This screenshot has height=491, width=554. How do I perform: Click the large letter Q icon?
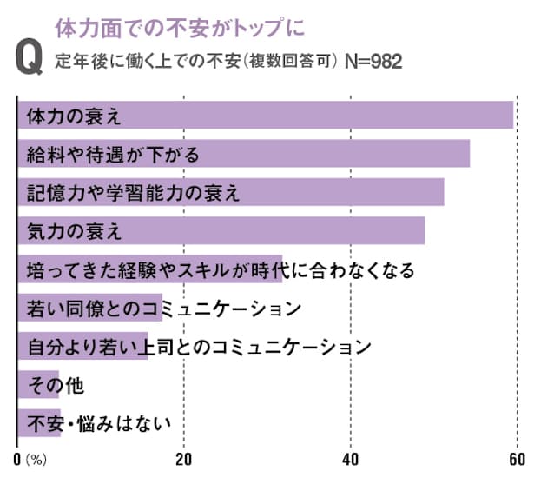tap(30, 58)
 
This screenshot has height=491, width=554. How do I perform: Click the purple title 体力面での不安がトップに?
tap(181, 27)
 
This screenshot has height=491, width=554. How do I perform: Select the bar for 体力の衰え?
tap(347, 116)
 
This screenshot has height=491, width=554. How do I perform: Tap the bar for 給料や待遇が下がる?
tap(347, 154)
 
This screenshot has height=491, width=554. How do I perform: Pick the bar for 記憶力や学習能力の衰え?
tap(347, 192)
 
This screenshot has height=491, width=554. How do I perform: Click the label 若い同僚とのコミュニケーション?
tap(164, 308)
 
